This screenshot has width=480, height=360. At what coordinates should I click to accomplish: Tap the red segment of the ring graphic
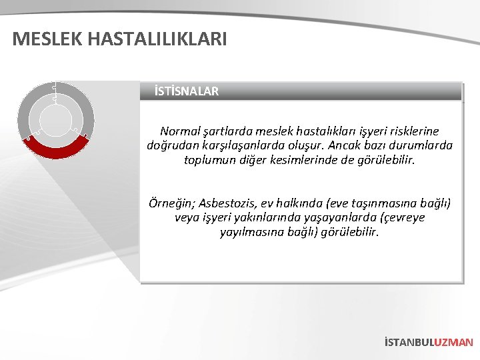tap(56, 150)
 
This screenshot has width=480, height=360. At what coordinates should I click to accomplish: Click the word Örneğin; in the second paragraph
tap(171, 203)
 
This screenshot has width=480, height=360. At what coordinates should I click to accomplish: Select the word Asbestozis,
tap(228, 203)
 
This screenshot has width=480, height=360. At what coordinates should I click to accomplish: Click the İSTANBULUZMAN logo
tap(429, 342)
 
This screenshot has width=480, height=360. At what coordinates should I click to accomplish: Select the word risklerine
tap(411, 131)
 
